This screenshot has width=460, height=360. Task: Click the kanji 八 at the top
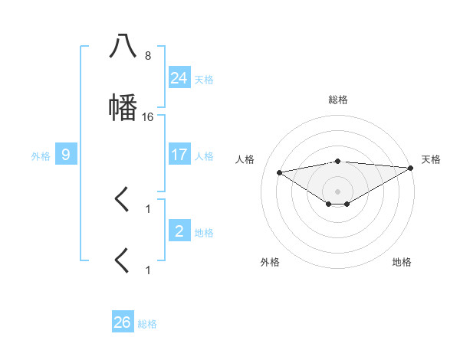click(123, 47)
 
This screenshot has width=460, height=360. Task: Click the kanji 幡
click(123, 107)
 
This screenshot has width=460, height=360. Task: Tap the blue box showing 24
click(179, 78)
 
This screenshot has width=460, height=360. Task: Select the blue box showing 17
click(179, 155)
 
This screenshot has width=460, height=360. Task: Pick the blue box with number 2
click(179, 231)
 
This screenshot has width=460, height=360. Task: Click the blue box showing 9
click(66, 155)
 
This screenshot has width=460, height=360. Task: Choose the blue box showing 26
click(123, 322)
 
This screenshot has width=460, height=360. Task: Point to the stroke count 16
click(148, 117)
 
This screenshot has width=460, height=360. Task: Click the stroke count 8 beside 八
click(148, 56)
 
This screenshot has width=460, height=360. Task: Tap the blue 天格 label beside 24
click(204, 79)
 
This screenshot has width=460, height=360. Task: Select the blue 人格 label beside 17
click(204, 155)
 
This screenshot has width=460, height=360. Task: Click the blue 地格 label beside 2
click(204, 232)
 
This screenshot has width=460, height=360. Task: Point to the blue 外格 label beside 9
click(41, 155)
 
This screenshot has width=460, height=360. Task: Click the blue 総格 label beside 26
click(147, 323)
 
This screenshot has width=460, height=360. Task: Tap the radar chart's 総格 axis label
click(338, 100)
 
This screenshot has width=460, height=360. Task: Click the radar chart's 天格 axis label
click(431, 159)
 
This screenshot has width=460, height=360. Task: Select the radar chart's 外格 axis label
click(270, 262)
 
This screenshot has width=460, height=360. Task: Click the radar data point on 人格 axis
click(280, 172)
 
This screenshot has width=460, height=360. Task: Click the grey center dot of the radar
click(338, 191)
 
